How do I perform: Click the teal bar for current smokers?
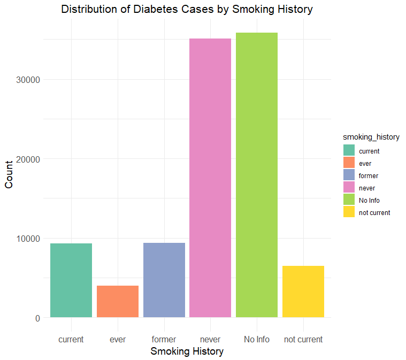(x=71, y=280)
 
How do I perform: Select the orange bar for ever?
(x=118, y=301)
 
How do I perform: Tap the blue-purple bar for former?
(x=164, y=280)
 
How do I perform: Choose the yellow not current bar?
(x=303, y=292)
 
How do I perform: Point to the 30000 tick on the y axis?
(x=29, y=80)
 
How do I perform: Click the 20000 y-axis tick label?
(x=29, y=159)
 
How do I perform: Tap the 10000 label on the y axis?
(x=29, y=239)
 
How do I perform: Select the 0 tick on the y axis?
(x=38, y=318)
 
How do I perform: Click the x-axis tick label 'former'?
(x=164, y=339)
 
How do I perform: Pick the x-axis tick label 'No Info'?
(x=257, y=339)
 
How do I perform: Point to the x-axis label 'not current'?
(x=303, y=339)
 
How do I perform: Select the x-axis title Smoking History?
(x=187, y=351)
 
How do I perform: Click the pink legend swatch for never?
(x=349, y=188)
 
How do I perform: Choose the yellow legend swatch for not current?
(x=349, y=212)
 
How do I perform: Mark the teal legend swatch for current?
(x=349, y=151)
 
